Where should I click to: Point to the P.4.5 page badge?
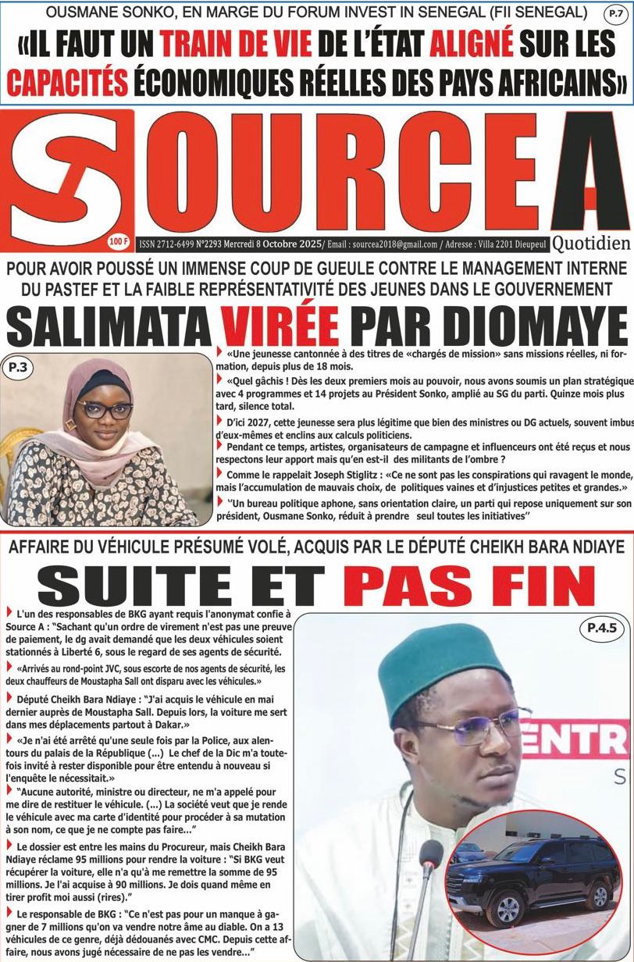597,626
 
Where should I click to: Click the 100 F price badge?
120,242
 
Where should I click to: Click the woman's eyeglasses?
93,409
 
